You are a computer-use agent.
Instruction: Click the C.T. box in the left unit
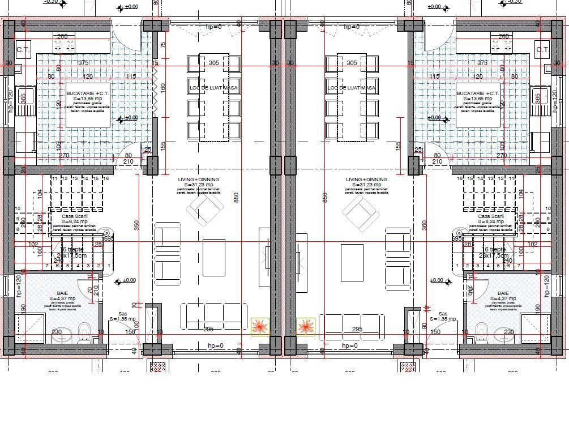coord(23,50)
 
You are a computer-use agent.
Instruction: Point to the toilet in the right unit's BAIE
coord(482,329)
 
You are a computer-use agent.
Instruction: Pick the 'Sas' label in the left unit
coord(122,313)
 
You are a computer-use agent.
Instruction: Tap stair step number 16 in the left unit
coord(105,179)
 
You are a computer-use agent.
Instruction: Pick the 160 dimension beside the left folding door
coord(163,88)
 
